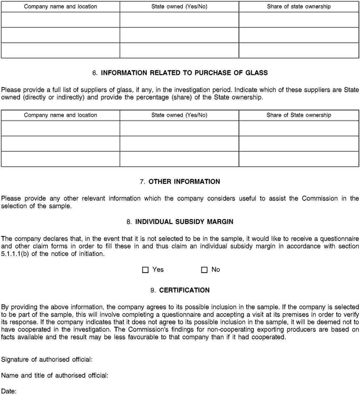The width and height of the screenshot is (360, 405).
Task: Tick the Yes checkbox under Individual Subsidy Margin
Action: pyautogui.click(x=145, y=270)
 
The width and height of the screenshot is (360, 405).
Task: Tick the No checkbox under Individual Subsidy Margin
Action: pyautogui.click(x=204, y=270)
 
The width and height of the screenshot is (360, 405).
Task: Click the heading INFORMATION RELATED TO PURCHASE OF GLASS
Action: pyautogui.click(x=184, y=73)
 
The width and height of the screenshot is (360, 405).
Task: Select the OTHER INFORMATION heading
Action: pyautogui.click(x=184, y=182)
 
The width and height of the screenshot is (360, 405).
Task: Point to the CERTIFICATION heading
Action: pyautogui.click(x=184, y=290)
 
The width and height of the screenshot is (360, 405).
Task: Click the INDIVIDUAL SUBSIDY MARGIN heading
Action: pyautogui.click(x=184, y=222)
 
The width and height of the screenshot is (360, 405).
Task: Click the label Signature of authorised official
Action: pyautogui.click(x=47, y=359)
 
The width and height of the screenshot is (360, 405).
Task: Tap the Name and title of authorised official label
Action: pyautogui.click(x=55, y=376)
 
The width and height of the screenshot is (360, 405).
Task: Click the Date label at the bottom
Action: pyautogui.click(x=9, y=391)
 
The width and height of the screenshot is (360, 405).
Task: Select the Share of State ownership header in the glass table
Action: pyautogui.click(x=299, y=115)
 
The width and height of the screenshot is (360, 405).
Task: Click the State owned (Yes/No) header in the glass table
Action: pyautogui.click(x=179, y=115)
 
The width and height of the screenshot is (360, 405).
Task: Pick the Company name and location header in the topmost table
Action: pyautogui.click(x=60, y=6)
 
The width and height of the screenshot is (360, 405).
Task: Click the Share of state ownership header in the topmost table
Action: pyautogui.click(x=299, y=6)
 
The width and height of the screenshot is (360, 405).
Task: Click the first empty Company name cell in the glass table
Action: pyautogui.click(x=60, y=128)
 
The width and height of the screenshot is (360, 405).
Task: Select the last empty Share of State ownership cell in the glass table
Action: pyautogui.click(x=299, y=159)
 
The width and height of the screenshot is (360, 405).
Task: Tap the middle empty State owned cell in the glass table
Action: pyautogui.click(x=179, y=144)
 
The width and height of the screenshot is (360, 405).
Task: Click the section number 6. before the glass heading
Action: pyautogui.click(x=95, y=73)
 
